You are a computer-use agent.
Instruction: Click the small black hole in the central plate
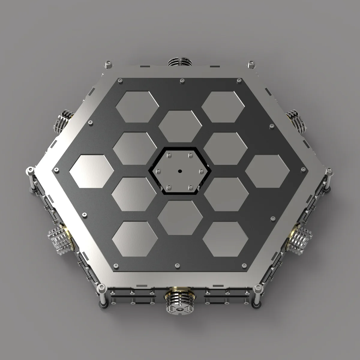click(180, 171)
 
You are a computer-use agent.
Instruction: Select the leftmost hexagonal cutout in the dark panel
click(91, 171)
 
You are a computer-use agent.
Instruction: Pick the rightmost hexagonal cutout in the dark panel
click(268, 171)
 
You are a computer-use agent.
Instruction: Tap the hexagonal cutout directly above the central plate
click(180, 126)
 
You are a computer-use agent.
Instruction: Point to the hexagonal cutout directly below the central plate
click(180, 217)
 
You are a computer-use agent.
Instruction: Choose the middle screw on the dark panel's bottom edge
click(177, 265)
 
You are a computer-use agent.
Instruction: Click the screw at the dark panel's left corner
click(56, 169)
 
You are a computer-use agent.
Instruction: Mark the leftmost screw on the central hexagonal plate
click(158, 171)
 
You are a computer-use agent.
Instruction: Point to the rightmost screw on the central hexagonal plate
click(201, 171)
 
